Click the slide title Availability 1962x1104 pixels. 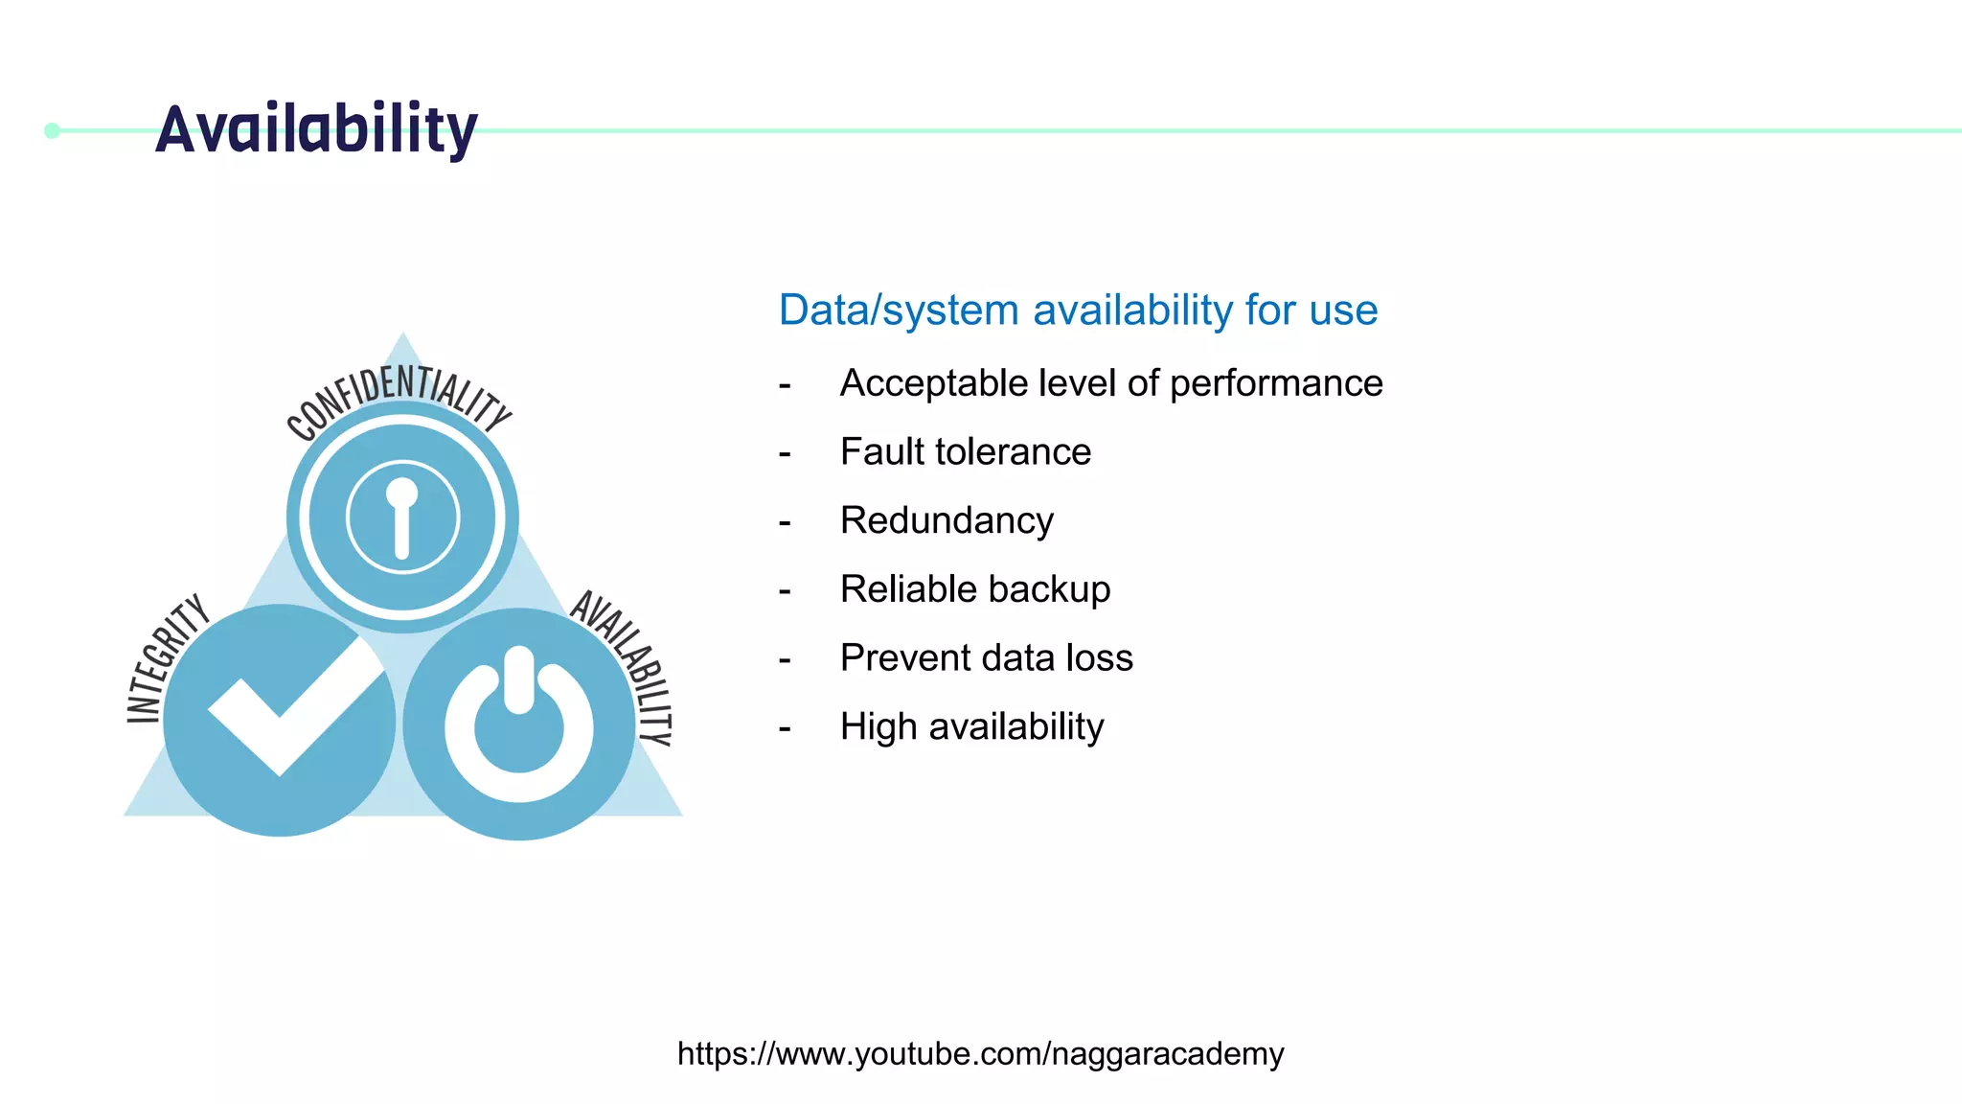pos(316,129)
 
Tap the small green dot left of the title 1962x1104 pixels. pos(53,130)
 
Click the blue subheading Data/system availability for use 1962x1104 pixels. pos(1078,310)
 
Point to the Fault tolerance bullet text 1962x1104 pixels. pos(965,451)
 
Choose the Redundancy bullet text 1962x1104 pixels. pos(947,520)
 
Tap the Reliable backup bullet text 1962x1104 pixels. pos(974,589)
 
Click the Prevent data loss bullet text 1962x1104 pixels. pos(986,658)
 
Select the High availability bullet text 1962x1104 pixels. pos(971,726)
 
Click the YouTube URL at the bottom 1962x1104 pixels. pos(980,1053)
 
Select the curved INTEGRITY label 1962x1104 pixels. pos(165,659)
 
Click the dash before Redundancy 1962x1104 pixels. pos(785,523)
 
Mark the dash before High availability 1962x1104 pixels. pos(785,729)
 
